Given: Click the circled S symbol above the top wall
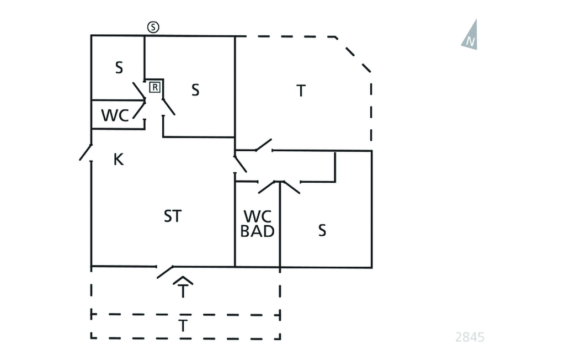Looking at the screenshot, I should pyautogui.click(x=153, y=27).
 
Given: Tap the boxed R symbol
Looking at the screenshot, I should pyautogui.click(x=155, y=87).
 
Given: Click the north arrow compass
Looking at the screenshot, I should pyautogui.click(x=470, y=35).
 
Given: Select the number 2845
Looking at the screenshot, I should pyautogui.click(x=470, y=337).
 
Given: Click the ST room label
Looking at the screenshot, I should pyautogui.click(x=172, y=216).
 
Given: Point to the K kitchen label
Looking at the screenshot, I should pyautogui.click(x=118, y=160).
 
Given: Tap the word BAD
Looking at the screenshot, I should pyautogui.click(x=257, y=231).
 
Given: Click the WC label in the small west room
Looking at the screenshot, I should pyautogui.click(x=115, y=116).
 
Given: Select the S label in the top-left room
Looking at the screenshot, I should pyautogui.click(x=119, y=68).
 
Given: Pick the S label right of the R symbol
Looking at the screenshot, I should pyautogui.click(x=195, y=90).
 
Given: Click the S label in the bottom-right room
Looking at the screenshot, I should pyautogui.click(x=322, y=230).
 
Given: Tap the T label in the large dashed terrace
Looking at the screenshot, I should pyautogui.click(x=301, y=91).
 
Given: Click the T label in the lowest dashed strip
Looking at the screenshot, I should pyautogui.click(x=183, y=326).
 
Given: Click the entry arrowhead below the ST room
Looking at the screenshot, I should pyautogui.click(x=183, y=280).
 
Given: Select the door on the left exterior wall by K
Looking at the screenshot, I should pyautogui.click(x=86, y=152).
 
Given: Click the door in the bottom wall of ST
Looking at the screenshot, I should pyautogui.click(x=166, y=271).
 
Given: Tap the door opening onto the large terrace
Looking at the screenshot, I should pyautogui.click(x=263, y=145).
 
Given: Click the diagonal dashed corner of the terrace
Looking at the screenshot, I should pyautogui.click(x=354, y=54).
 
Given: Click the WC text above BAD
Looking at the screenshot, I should pyautogui.click(x=257, y=216).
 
